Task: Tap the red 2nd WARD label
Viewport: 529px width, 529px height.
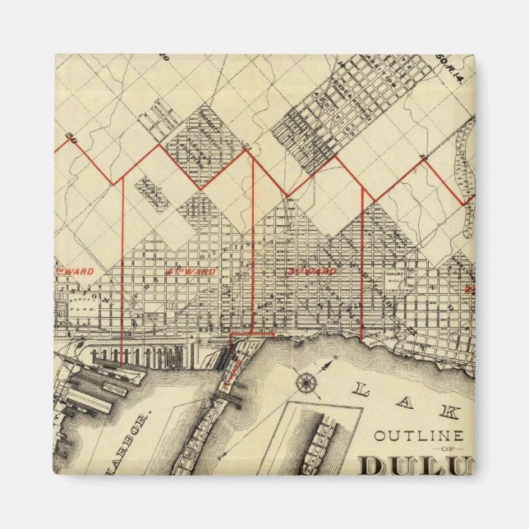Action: [x=191, y=270]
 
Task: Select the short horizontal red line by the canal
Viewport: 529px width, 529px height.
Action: [x=251, y=335]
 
